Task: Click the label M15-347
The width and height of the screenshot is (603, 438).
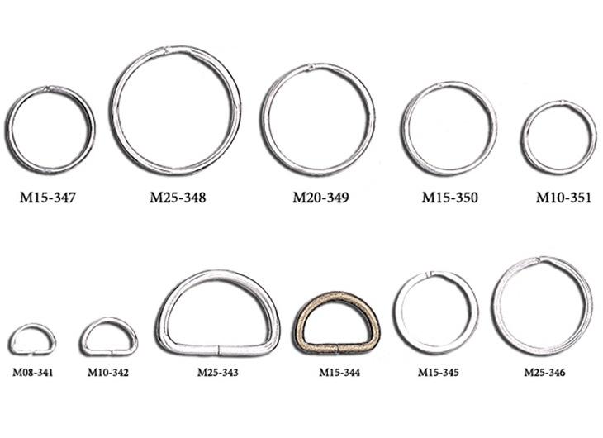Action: tap(48, 198)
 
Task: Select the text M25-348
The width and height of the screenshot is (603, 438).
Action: tap(178, 198)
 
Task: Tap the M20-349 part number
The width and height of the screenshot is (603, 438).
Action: tap(320, 198)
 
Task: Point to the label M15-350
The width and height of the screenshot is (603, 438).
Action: tap(450, 198)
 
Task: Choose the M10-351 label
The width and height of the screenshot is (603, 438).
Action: tap(564, 198)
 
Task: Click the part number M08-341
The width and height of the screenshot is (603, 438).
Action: tap(33, 373)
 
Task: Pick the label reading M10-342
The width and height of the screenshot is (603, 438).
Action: tap(108, 373)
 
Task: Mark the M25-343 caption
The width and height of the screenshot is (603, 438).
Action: tap(218, 373)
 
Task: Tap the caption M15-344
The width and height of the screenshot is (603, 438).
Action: tap(339, 373)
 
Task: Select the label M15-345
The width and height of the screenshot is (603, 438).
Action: tap(439, 373)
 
